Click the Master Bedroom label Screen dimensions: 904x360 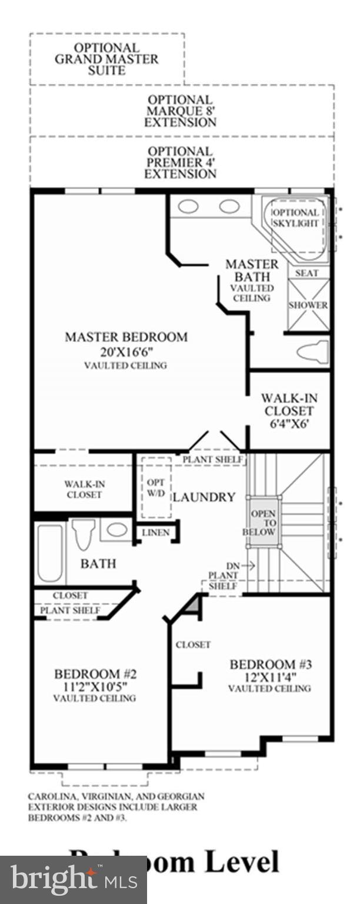point(126,337)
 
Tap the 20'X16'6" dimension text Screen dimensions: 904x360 point(126,352)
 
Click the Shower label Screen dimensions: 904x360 point(308,305)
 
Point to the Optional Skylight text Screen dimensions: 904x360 point(296,218)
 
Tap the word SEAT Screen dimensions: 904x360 point(306,273)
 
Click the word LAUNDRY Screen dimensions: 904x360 point(204,497)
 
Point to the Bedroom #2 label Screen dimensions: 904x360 point(95,674)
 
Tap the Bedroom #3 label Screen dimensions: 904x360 point(270,664)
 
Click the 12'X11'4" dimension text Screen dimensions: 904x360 point(270,677)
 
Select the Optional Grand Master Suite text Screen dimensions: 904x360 point(106,59)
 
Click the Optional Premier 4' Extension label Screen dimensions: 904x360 point(180,162)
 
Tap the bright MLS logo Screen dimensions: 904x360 point(73,880)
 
